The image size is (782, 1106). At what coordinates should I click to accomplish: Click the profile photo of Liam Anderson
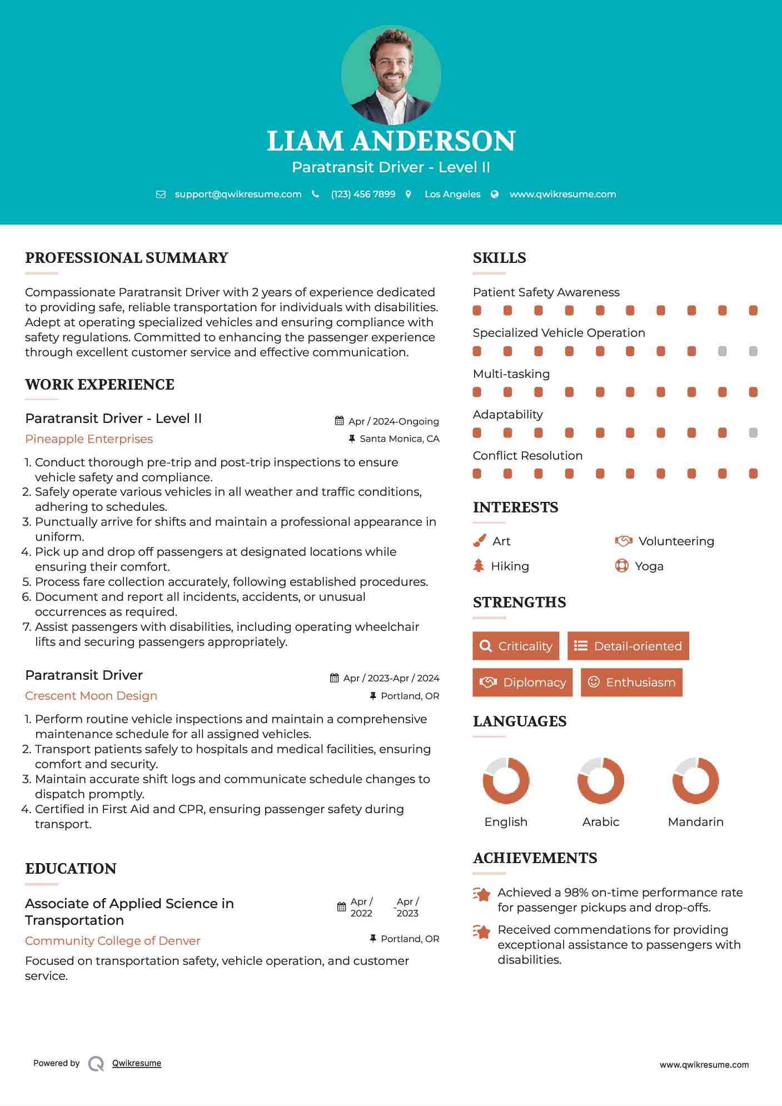[391, 74]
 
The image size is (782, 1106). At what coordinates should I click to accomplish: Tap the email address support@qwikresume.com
[238, 194]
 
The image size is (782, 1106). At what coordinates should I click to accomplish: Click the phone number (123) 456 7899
[363, 194]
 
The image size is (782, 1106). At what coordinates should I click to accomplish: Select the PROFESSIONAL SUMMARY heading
[127, 258]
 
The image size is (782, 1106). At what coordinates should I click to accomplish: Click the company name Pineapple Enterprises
[89, 439]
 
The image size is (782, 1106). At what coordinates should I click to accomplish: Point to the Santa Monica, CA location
[399, 439]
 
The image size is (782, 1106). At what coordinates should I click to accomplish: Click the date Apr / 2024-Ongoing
[393, 421]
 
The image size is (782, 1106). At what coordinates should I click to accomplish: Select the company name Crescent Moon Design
[91, 696]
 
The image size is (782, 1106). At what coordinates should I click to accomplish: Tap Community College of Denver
[113, 941]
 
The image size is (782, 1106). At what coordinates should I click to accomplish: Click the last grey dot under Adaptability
[753, 432]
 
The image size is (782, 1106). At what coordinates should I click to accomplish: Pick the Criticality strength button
[516, 646]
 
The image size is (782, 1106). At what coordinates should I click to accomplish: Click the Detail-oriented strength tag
[628, 646]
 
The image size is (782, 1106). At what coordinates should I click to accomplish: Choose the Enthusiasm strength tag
[631, 682]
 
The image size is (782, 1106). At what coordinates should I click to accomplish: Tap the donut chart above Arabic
[600, 780]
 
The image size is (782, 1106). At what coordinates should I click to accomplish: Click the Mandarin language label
[695, 821]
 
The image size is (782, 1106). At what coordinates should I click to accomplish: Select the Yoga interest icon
[621, 566]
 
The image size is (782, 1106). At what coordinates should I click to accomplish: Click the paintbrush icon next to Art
[479, 541]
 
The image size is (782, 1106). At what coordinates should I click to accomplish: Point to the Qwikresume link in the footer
[137, 1063]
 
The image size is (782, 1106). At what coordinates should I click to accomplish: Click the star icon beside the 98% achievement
[482, 894]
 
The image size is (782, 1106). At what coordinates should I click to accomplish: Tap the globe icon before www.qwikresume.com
[495, 194]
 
